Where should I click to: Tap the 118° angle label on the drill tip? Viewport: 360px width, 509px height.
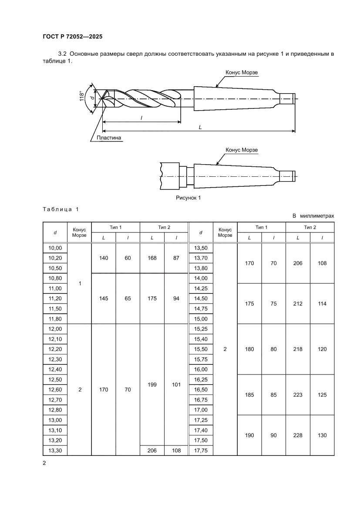coord(81,96)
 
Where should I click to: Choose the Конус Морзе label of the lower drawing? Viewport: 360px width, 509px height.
coord(242,150)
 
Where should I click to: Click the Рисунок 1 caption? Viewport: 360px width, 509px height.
coord(188,198)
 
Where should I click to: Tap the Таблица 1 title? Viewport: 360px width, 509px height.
coord(61,209)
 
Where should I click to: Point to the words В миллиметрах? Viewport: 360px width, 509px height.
coord(313,216)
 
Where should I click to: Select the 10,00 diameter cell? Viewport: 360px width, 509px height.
coord(55,248)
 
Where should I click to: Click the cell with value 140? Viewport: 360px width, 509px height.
coord(104,258)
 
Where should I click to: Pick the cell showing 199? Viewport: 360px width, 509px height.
coord(152,384)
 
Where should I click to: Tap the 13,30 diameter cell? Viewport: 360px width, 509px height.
coord(55,450)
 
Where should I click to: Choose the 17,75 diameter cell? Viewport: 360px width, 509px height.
coord(200,450)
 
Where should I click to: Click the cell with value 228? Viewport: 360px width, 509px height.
coord(298,435)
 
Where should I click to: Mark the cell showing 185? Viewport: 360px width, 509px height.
coord(249,395)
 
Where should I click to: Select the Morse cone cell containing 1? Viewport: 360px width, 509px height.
coord(80,283)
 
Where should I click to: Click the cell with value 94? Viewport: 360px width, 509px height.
coord(176,299)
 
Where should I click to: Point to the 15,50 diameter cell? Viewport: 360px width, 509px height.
coord(200,349)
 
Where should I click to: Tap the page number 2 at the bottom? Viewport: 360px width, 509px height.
coord(44,463)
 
